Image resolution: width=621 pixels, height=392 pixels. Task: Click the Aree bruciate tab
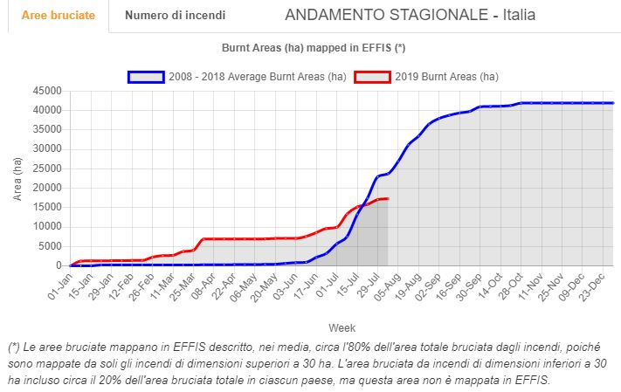click(58, 16)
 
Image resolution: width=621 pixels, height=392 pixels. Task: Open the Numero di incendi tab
click(175, 16)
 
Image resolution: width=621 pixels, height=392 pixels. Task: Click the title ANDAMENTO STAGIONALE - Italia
click(411, 16)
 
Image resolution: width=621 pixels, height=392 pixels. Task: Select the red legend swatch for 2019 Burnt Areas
click(373, 76)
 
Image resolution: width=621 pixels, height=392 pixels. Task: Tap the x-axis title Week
click(342, 327)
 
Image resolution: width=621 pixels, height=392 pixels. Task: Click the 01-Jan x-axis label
click(59, 283)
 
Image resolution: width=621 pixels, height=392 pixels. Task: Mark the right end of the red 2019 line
click(387, 199)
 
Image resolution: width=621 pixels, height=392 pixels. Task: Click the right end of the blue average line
click(612, 103)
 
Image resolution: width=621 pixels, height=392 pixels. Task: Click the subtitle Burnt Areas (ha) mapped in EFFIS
click(314, 47)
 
